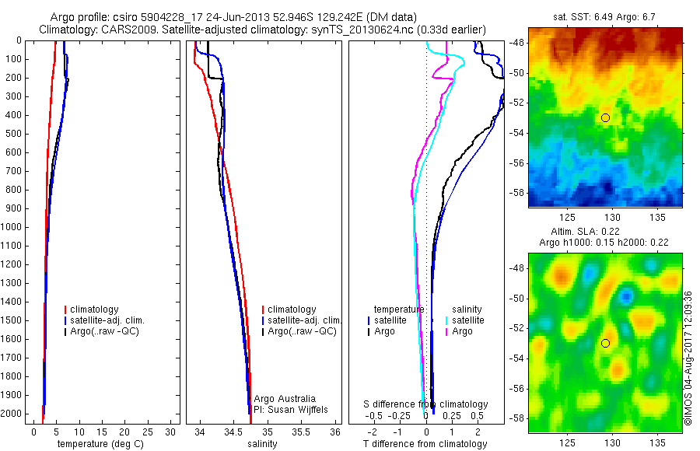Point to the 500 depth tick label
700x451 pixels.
pyautogui.click(x=12, y=134)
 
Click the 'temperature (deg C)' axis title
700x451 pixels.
pyautogui.click(x=96, y=444)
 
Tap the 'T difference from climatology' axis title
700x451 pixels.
pyautogui.click(x=425, y=444)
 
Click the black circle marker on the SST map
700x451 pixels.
pyautogui.click(x=605, y=117)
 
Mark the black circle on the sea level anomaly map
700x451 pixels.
pyautogui.click(x=605, y=343)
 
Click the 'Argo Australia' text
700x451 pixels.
pyautogui.click(x=285, y=399)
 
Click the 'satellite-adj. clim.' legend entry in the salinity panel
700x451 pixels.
pyautogui.click(x=304, y=320)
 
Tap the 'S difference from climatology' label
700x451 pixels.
pyautogui.click(x=426, y=404)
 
